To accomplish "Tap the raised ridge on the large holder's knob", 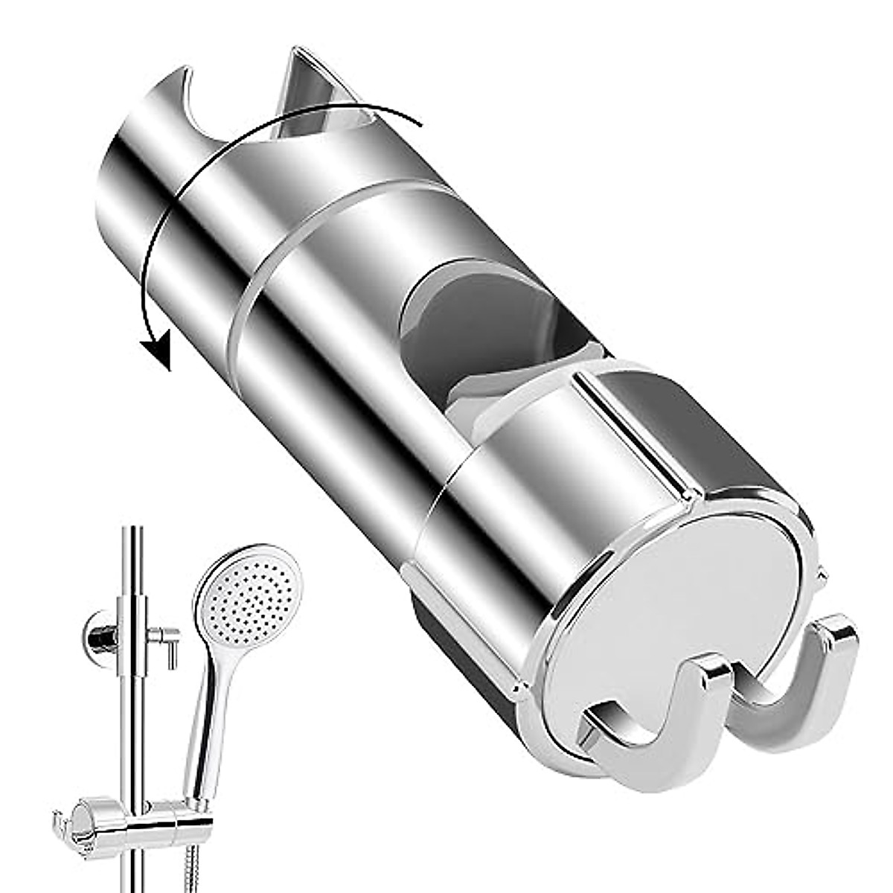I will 633,424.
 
